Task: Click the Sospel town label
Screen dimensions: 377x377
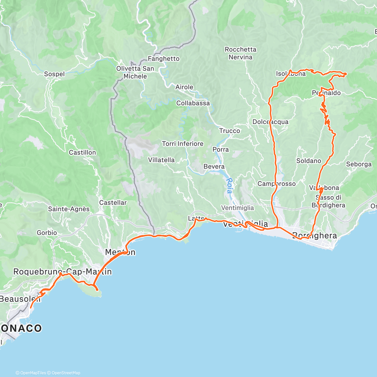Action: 54,74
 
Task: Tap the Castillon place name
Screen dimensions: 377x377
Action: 82,152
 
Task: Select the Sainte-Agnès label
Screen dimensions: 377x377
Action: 68,209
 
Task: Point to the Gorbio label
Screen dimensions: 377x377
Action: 47,233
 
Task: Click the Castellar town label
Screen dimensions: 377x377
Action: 113,203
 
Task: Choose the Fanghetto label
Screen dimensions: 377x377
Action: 164,59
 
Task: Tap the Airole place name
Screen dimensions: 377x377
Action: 184,87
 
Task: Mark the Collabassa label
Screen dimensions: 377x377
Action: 193,103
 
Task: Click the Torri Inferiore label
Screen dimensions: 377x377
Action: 183,144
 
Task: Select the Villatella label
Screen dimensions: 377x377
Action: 161,160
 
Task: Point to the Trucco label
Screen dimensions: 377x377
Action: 230,131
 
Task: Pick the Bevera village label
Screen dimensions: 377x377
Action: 214,167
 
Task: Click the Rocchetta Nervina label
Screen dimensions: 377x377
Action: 240,53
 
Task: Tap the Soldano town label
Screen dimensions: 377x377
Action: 309,161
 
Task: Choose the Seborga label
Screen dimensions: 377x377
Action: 359,164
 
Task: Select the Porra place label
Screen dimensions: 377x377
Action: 221,150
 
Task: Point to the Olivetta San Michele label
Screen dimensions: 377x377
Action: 135,72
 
